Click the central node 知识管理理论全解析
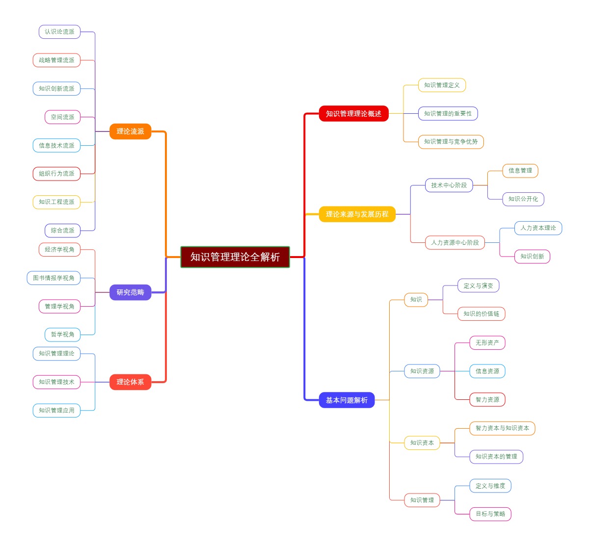[x=235, y=257]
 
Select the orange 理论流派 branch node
[x=130, y=131]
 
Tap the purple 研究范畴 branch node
[x=130, y=292]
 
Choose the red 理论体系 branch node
[x=130, y=382]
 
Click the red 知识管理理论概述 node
[x=353, y=114]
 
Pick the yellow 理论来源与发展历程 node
[x=357, y=214]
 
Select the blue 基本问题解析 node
[x=347, y=400]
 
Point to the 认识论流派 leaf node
[x=59, y=32]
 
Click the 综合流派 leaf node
[x=62, y=231]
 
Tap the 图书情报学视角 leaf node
[x=54, y=278]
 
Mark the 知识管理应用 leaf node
[x=56, y=411]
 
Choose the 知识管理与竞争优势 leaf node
[x=451, y=142]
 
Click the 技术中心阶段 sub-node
[x=449, y=185]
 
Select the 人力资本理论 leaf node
[x=538, y=228]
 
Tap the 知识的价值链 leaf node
[x=481, y=314]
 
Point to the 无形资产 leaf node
[x=487, y=343]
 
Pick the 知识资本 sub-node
[x=422, y=443]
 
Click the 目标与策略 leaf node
[x=490, y=514]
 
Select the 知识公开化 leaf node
[x=523, y=199]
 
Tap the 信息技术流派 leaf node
[x=56, y=146]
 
